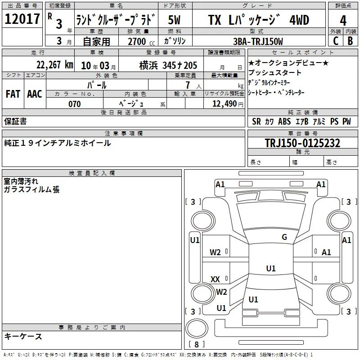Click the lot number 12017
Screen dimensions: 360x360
click(22, 19)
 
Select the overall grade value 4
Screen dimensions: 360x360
click(343, 20)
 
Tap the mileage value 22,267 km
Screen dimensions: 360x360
click(55, 65)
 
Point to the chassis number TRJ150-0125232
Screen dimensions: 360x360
click(302, 143)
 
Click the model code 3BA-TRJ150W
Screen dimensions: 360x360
click(258, 41)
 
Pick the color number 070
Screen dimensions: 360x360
click(75, 104)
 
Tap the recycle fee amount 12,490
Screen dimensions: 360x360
click(225, 103)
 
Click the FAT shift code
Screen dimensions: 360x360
click(13, 94)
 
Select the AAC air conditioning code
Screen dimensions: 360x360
click(35, 94)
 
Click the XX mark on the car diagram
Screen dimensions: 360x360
click(215, 279)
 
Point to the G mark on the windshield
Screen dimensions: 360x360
click(284, 237)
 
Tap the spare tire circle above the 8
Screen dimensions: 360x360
click(197, 328)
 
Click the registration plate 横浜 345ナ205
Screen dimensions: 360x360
click(168, 66)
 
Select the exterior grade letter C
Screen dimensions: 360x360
click(336, 41)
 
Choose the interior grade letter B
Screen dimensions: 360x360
click(350, 41)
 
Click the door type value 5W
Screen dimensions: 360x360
click(174, 20)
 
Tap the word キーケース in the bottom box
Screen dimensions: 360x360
click(23, 336)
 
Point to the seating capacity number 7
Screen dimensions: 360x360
click(188, 85)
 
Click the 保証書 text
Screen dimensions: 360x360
click(15, 121)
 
